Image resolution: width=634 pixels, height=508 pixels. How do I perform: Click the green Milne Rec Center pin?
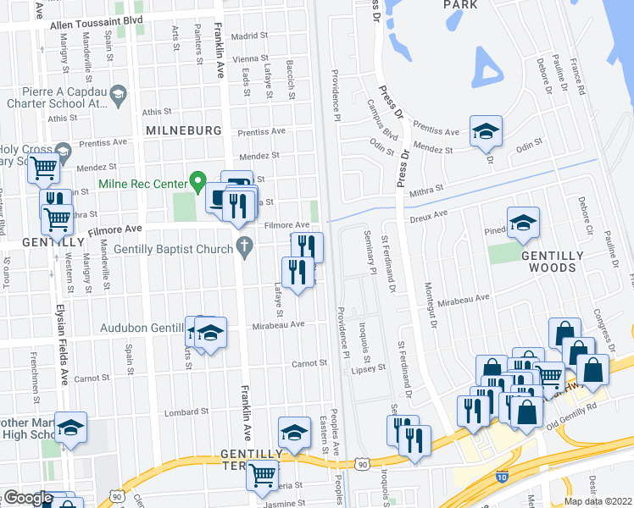pos(197,180)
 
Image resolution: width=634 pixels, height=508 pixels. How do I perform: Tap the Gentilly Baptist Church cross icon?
pos(245,250)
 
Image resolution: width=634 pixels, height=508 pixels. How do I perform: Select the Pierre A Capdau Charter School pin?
pos(118,92)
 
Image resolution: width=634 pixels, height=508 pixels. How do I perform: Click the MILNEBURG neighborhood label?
pos(183,130)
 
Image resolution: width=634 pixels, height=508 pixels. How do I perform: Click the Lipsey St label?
pos(369,368)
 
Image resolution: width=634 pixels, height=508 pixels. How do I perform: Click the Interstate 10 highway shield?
pos(502,478)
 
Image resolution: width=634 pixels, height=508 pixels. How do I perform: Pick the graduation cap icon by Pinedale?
pos(523,223)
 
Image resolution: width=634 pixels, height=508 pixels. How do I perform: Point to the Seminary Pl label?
pos(370,252)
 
